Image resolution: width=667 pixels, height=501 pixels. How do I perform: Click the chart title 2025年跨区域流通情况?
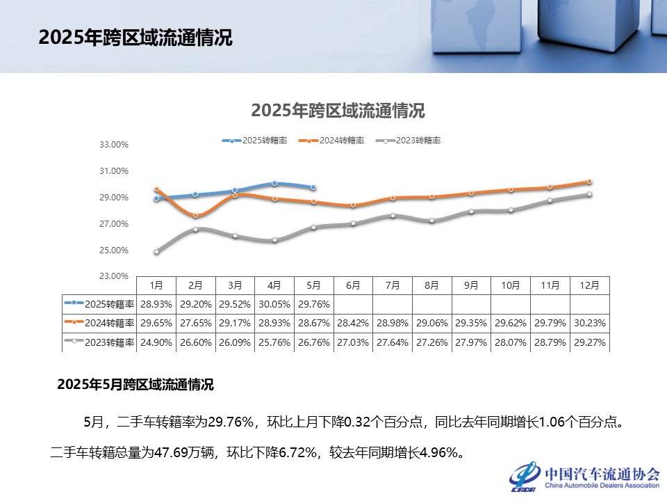pyautogui.click(x=338, y=111)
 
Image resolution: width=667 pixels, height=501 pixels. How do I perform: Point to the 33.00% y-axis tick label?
pyautogui.click(x=115, y=145)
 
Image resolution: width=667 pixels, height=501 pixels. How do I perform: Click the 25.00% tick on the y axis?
pyautogui.click(x=115, y=250)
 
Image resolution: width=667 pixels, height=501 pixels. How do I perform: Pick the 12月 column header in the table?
pyautogui.click(x=589, y=285)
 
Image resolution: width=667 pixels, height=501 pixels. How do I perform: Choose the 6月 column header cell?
pyautogui.click(x=353, y=285)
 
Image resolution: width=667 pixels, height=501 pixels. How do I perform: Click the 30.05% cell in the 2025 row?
pyautogui.click(x=274, y=304)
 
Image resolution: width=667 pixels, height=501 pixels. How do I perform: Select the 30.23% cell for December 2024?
pyautogui.click(x=589, y=323)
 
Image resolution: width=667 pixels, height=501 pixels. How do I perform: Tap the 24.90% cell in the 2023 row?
pyautogui.click(x=156, y=342)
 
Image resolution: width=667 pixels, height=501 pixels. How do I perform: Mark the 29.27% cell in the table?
pyautogui.click(x=589, y=342)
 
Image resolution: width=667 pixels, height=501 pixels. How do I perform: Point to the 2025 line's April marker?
pyautogui.click(x=274, y=183)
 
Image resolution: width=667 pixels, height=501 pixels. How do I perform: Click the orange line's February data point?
pyautogui.click(x=196, y=216)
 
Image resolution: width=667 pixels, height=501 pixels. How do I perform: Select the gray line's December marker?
pyautogui.click(x=589, y=194)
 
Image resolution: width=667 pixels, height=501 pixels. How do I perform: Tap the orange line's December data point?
pyautogui.click(x=589, y=182)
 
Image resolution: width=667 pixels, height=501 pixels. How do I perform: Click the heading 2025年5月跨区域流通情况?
pyautogui.click(x=135, y=384)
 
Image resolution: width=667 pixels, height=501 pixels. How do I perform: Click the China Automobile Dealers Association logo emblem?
pyautogui.click(x=525, y=477)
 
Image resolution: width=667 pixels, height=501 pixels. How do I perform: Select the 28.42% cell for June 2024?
pyautogui.click(x=353, y=323)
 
